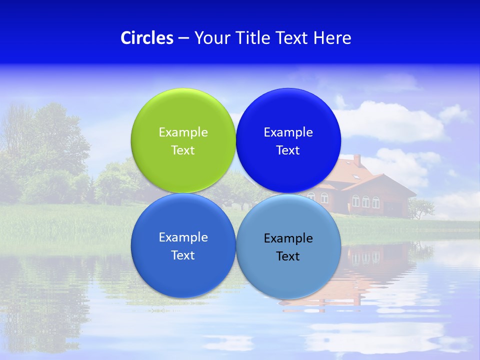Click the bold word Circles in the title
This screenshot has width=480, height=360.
[x=147, y=38]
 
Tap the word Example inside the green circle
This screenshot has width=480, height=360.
[x=183, y=132]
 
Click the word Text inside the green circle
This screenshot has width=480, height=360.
[x=183, y=150]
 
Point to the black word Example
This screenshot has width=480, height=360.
[x=288, y=238]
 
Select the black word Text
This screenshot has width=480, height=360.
[x=288, y=256]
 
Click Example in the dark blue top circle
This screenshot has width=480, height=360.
[x=288, y=132]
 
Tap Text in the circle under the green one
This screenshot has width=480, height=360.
[x=183, y=255]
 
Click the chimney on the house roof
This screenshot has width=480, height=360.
[x=357, y=160]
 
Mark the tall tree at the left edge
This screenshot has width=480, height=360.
[x=35, y=145]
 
